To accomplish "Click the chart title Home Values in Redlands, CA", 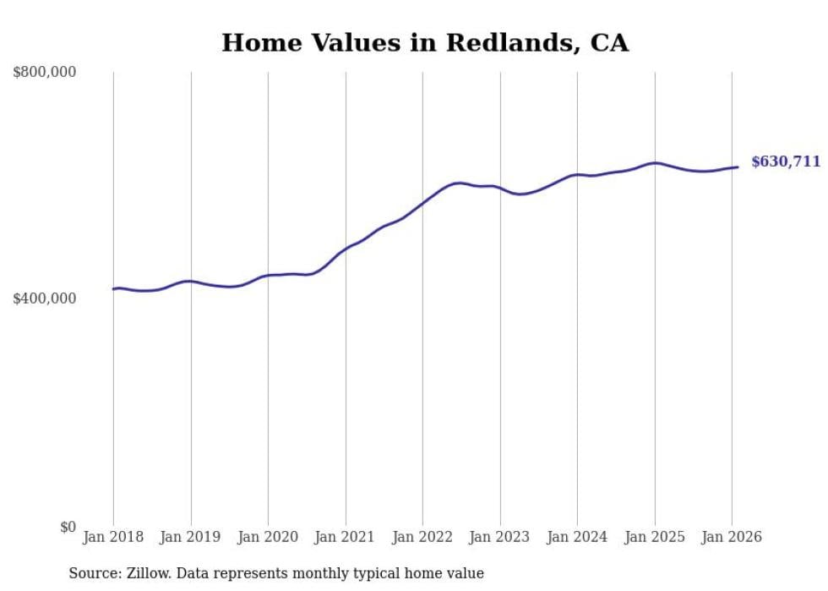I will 425,43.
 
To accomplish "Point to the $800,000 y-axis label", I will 44,73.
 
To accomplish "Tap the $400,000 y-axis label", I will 44,298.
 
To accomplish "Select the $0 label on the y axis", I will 68,527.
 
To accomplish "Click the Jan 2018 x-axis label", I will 113,537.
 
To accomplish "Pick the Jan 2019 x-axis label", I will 190,537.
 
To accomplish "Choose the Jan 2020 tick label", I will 268,537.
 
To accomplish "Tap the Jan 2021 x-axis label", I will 345,537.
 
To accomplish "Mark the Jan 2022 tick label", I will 422,537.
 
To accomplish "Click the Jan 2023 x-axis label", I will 499,537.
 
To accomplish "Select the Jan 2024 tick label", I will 577,537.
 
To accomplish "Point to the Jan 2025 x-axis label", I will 654,537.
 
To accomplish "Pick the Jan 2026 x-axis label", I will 732,537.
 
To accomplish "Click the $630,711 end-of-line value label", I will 786,161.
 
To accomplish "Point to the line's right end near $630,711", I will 738,167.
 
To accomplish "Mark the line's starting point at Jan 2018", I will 114,289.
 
